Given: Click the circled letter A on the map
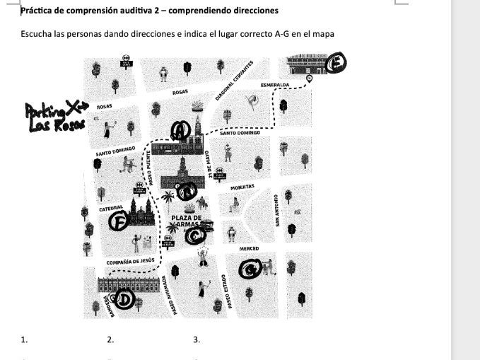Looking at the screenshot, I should tap(181, 130).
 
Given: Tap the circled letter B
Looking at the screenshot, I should tap(187, 191).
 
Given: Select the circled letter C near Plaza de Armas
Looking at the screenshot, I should tap(195, 236).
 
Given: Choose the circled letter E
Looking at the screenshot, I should tap(338, 62).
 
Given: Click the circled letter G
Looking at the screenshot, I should tap(250, 269).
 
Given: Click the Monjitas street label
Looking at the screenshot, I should tap(242, 187).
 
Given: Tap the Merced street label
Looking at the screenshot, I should tap(248, 249).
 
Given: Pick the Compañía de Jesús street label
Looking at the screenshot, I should tap(129, 261).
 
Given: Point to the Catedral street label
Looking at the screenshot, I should tap(112, 208).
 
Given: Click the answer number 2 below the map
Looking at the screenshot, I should tap(110, 340).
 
